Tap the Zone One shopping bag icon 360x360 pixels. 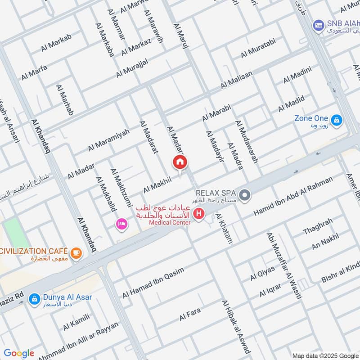[x=336, y=120]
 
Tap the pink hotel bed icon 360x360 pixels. [x=121, y=224]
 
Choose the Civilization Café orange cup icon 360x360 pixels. [x=76, y=252]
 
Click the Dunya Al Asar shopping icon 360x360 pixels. [x=34, y=298]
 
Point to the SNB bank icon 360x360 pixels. [x=319, y=25]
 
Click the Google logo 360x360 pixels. [x=18, y=353]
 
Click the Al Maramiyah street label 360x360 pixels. [x=108, y=139]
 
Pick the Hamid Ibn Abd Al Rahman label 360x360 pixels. [x=293, y=196]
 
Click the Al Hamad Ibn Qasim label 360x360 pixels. [x=153, y=283]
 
